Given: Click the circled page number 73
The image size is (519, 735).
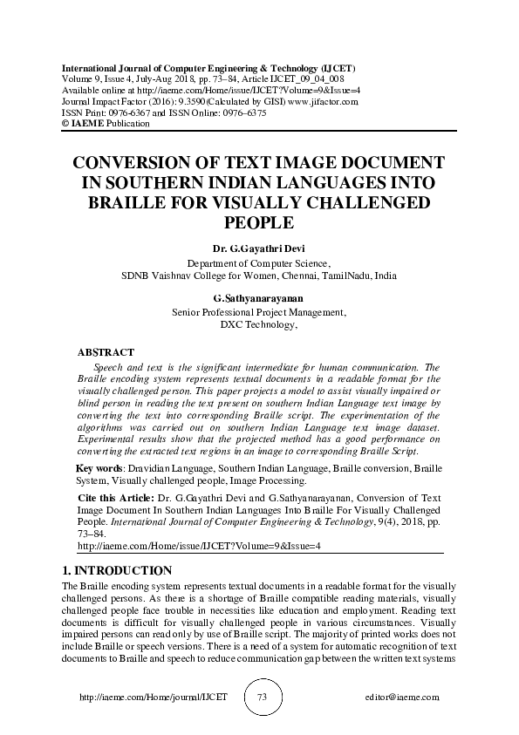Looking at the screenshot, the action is coord(261,698).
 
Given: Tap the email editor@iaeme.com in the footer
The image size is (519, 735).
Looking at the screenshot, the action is coord(403,698).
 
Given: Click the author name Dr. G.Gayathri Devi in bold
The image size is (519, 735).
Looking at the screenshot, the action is coord(259,248).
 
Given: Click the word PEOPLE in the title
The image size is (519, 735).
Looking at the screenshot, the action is coord(259,221).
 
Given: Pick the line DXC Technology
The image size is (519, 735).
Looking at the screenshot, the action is coord(259,324).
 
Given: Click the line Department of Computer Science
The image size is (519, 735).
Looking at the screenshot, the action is coord(259,262).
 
